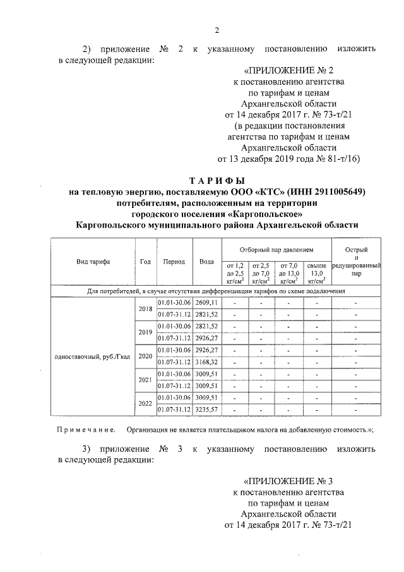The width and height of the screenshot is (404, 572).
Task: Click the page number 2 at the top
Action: point(216,30)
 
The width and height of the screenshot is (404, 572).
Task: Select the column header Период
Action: point(174,261)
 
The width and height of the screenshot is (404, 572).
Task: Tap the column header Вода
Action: point(206,261)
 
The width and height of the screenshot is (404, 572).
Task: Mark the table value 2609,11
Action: point(206,303)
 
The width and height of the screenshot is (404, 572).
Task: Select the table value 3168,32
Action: point(206,362)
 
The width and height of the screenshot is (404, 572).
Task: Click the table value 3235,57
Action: point(206,410)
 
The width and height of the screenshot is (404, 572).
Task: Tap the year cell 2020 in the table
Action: point(146,356)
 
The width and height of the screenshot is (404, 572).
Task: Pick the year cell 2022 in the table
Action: point(146,404)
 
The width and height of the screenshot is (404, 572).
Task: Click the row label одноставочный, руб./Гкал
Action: point(93,356)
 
